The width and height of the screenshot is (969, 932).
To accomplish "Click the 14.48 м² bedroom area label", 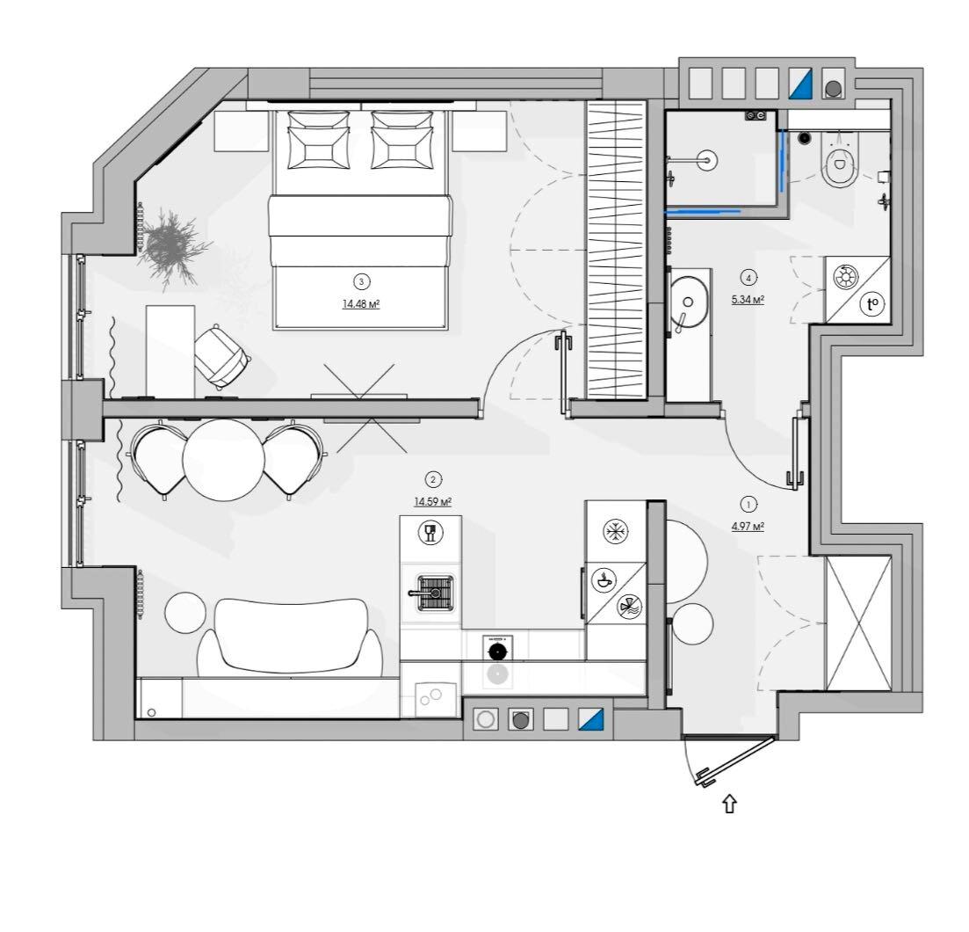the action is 361,304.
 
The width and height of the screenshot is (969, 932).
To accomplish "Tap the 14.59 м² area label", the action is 432,501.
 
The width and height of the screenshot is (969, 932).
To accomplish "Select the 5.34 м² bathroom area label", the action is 748,300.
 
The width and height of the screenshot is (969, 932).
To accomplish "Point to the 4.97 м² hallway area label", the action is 748,527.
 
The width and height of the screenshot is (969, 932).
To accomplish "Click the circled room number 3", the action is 361,282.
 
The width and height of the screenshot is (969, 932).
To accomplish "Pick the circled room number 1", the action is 749,505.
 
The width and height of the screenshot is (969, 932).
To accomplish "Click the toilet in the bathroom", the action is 841,160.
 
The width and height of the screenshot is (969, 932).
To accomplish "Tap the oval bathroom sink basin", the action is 688,302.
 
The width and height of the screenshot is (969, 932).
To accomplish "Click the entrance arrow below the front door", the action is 730,804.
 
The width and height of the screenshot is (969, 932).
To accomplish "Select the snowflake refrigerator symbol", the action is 615,531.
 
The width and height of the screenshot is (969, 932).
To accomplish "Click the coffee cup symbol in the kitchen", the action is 603,580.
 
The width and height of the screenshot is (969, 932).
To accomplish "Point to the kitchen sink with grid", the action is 436,593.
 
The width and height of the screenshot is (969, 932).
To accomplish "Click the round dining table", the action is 224,460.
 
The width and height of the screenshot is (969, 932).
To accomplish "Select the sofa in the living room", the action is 290,637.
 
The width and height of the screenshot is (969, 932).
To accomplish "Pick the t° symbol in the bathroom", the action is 872,303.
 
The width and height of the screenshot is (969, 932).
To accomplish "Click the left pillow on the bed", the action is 318,140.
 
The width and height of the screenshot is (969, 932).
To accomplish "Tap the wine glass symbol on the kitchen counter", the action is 430,533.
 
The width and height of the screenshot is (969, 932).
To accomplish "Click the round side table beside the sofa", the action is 184,612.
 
